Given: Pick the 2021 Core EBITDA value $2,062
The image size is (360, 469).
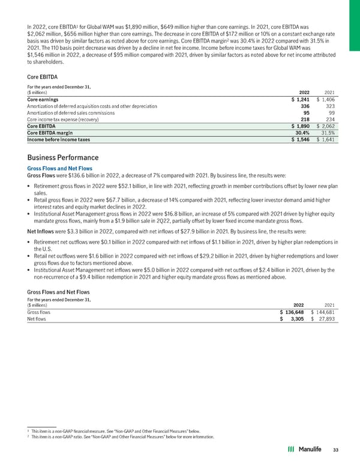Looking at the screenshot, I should (325, 126).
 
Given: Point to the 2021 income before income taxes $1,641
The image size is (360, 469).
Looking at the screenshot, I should (325, 140).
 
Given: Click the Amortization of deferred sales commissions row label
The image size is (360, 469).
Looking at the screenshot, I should (66, 112).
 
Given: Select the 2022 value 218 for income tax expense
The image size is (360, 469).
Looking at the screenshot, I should (304, 120).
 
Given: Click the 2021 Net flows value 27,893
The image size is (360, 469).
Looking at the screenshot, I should (325, 319).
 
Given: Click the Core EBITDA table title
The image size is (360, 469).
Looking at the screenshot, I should (43, 77).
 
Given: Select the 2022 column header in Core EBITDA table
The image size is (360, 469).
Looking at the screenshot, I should (301, 92).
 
